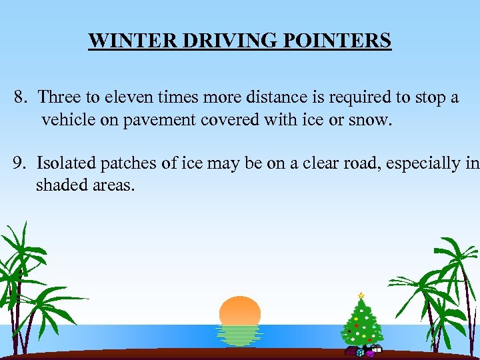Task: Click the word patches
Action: click(x=125, y=163)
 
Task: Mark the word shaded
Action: click(x=59, y=185)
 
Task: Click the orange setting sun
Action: click(x=240, y=312)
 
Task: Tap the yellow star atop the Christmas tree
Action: click(x=361, y=295)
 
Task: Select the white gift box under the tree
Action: click(x=376, y=348)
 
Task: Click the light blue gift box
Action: click(x=360, y=353)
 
